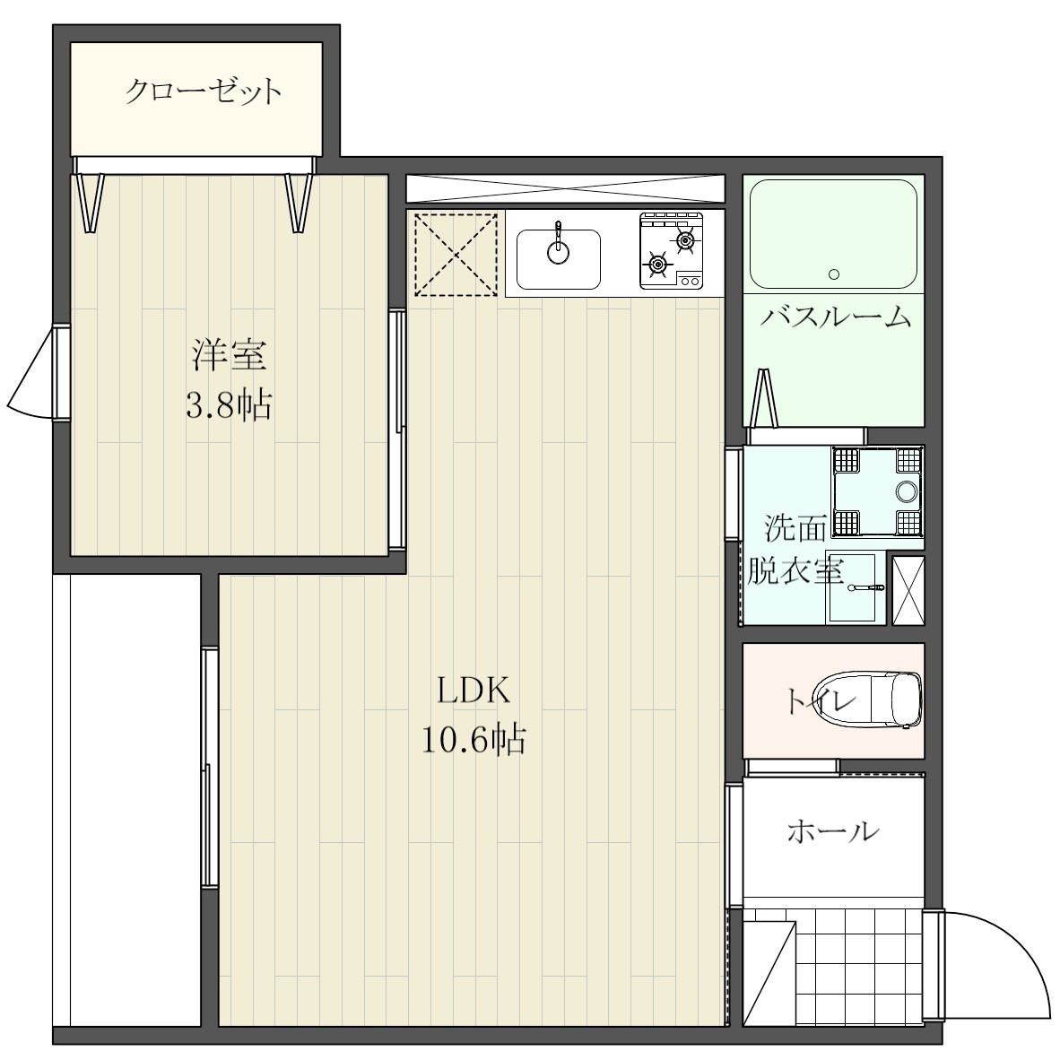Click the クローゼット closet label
203,91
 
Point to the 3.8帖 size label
229,406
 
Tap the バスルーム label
835,317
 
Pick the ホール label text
832,832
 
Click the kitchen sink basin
559,258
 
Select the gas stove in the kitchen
672,251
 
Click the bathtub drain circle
834,274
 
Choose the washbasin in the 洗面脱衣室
851,588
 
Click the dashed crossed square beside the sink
456,253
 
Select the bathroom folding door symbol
765,399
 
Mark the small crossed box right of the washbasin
907,589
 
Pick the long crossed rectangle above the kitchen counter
564,188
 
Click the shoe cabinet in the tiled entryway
769,973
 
